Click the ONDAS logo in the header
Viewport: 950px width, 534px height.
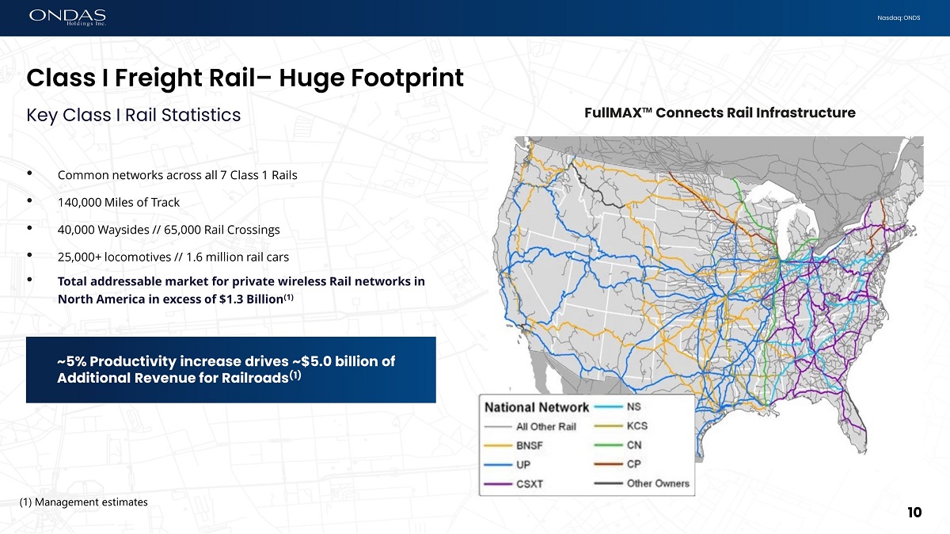pyautogui.click(x=67, y=17)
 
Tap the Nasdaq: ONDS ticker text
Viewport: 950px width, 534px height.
pyautogui.click(x=899, y=18)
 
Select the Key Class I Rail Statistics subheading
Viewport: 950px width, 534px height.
pyautogui.click(x=134, y=115)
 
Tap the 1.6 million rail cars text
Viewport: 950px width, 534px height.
pyautogui.click(x=237, y=257)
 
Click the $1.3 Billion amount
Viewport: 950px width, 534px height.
pyautogui.click(x=251, y=299)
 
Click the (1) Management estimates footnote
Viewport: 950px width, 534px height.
pyautogui.click(x=84, y=502)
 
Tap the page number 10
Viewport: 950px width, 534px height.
pyautogui.click(x=914, y=513)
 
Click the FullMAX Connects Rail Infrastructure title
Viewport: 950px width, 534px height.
pyautogui.click(x=720, y=113)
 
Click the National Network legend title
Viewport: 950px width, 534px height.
pyautogui.click(x=537, y=407)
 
